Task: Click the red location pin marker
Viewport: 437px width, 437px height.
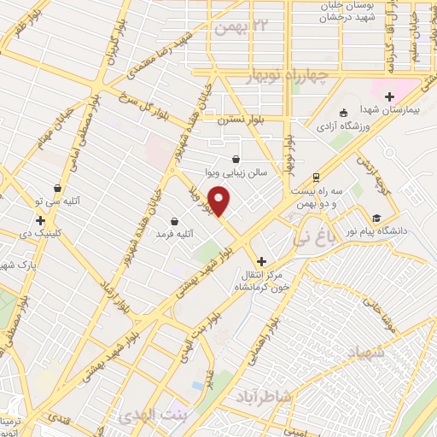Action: click(x=219, y=201)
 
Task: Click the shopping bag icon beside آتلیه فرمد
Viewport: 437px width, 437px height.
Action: click(x=175, y=220)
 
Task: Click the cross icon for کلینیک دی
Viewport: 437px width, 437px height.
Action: click(x=40, y=220)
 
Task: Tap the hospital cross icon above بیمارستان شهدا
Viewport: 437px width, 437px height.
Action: click(x=390, y=96)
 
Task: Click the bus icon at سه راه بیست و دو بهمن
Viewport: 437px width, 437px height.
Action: click(x=317, y=178)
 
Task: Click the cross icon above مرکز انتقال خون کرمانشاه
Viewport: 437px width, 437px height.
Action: click(x=261, y=261)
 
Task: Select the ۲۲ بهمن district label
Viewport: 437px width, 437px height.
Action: click(x=242, y=28)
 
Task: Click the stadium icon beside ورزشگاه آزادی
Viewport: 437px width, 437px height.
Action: click(x=343, y=113)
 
